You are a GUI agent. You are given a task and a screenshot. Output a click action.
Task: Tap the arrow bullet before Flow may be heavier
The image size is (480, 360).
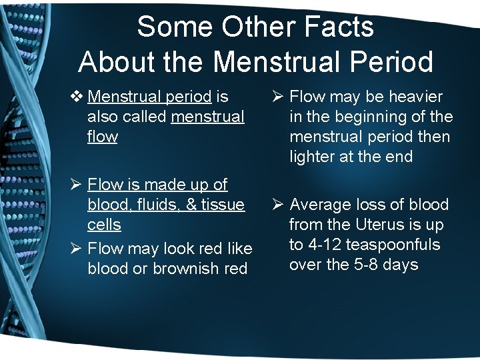(278, 97)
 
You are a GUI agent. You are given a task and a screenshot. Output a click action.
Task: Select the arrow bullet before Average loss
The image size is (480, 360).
(278, 205)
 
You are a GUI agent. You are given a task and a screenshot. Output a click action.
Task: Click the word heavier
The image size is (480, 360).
(416, 97)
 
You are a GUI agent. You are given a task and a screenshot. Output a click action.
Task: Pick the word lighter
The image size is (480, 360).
(313, 157)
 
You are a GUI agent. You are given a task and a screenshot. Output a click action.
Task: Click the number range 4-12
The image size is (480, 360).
(327, 245)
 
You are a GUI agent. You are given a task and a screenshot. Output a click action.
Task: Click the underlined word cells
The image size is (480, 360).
(104, 225)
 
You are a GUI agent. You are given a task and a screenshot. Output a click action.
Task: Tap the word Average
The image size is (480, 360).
(320, 205)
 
